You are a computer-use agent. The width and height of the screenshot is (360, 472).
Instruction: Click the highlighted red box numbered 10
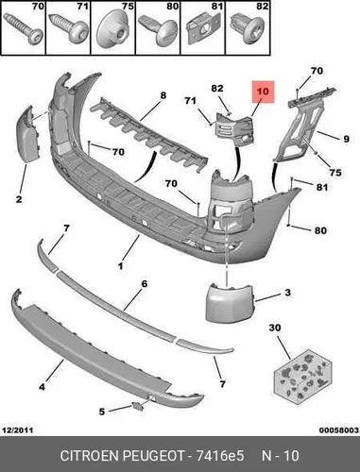263,92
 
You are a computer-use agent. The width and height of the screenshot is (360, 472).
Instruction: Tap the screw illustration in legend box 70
23,30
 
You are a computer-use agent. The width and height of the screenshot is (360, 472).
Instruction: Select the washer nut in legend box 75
113,32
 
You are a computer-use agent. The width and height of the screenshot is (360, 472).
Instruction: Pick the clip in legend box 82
248,29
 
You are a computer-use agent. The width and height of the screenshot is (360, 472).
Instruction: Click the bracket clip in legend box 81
202,29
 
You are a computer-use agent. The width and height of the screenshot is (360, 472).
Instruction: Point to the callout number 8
163,95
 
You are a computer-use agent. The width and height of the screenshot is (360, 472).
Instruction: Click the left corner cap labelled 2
27,133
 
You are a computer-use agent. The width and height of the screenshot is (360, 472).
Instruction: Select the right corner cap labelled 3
230,303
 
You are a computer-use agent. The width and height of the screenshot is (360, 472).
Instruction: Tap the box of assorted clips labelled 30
302,377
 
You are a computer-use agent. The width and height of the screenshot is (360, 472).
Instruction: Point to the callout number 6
144,284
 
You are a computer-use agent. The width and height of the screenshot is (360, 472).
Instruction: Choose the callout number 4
42,387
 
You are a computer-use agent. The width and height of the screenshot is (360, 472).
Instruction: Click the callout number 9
346,139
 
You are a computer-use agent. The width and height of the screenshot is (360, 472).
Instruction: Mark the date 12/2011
18,430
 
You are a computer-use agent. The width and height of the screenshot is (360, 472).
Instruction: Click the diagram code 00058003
339,430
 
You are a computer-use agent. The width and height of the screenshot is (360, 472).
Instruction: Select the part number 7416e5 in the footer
220,455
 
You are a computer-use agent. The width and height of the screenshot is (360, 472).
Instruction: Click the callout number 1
120,266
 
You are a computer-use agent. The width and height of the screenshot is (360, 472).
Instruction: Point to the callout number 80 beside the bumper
320,230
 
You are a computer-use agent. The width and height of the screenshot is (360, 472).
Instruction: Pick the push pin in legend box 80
158,29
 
